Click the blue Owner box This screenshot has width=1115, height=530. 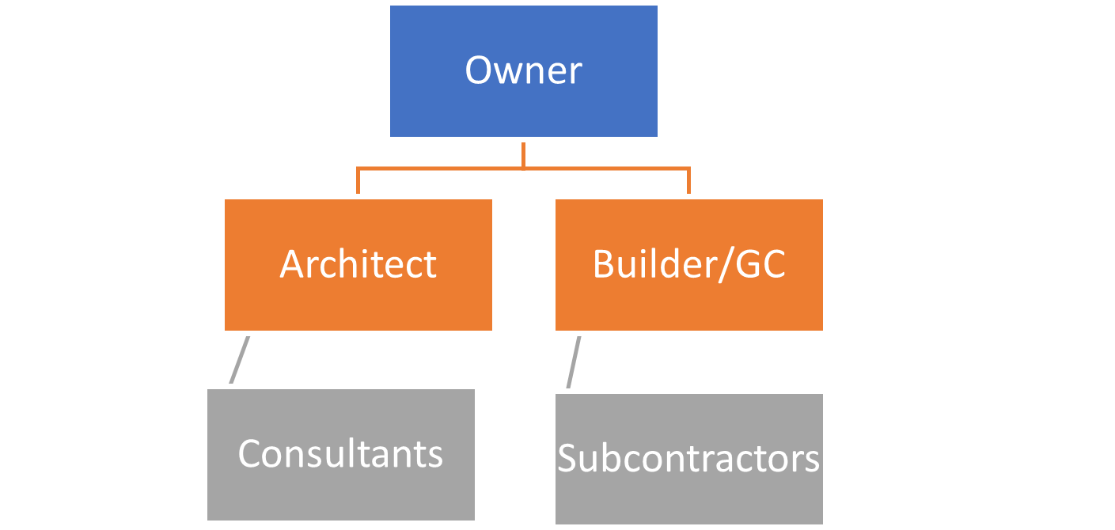coord(524,71)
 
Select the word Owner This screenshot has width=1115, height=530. coord(524,70)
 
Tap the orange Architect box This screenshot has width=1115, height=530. coord(358,265)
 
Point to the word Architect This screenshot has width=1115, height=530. coord(358,263)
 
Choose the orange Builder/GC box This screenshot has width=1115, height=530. coord(689,265)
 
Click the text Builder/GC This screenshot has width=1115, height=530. coord(689,265)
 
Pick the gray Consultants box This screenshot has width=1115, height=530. coord(341,455)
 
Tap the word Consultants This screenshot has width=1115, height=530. coord(341,453)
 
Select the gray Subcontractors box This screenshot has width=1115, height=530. coord(689,459)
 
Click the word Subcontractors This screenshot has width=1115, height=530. coord(689,458)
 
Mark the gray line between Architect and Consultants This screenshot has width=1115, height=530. coord(240,360)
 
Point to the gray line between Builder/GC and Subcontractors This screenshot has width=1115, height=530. coord(574,362)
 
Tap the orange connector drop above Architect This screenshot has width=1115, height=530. coord(358,181)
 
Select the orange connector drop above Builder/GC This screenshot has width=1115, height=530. coord(689,181)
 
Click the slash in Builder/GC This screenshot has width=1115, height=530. coord(726,265)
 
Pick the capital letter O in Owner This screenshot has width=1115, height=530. coord(479,70)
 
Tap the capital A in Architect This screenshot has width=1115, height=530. coord(294,263)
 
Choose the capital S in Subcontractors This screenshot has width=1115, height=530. coord(567,458)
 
